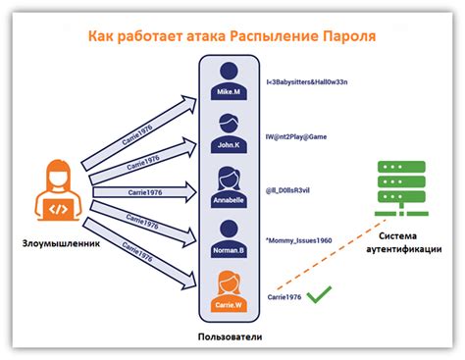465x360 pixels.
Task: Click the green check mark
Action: [x=318, y=293]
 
